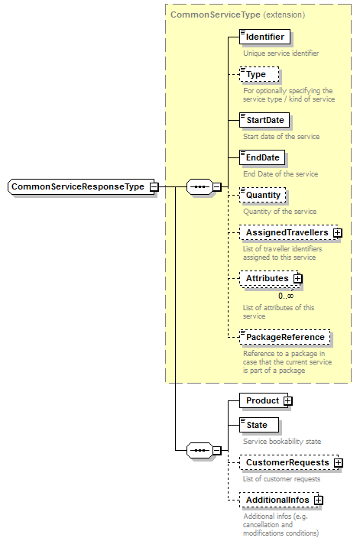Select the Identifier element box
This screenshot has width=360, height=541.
pos(264,37)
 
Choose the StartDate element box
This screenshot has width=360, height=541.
pos(264,120)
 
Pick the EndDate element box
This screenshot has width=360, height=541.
pos(262,157)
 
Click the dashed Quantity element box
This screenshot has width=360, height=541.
pos(262,195)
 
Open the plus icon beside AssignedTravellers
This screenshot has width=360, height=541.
pos(337,232)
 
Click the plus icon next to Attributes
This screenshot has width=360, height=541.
pos(298,279)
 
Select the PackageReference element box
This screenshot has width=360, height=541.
pos(284,337)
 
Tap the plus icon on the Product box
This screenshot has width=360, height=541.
pos(287,400)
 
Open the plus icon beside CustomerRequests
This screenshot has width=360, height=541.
pos(338,462)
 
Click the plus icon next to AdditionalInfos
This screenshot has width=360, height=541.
pos(319,500)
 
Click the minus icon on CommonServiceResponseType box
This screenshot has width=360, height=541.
pos(154,186)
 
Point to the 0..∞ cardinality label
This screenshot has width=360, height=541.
pos(285,295)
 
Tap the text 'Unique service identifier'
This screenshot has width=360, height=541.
pos(281,53)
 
